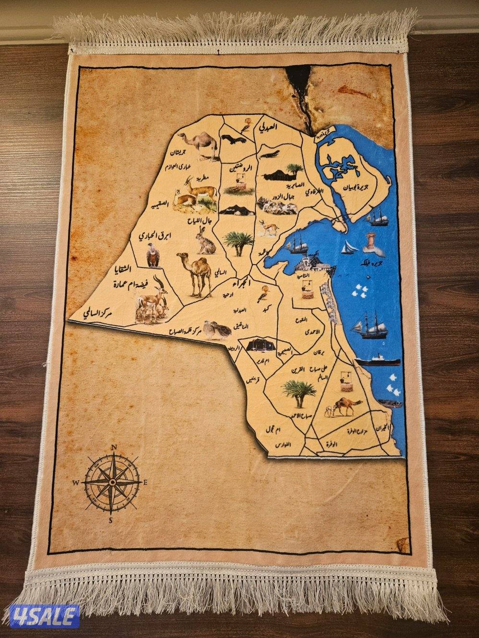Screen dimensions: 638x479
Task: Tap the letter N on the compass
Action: coord(114,448)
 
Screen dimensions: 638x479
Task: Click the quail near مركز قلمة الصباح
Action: coord(213,330)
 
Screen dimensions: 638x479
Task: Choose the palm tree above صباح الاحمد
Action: coord(298,393)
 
